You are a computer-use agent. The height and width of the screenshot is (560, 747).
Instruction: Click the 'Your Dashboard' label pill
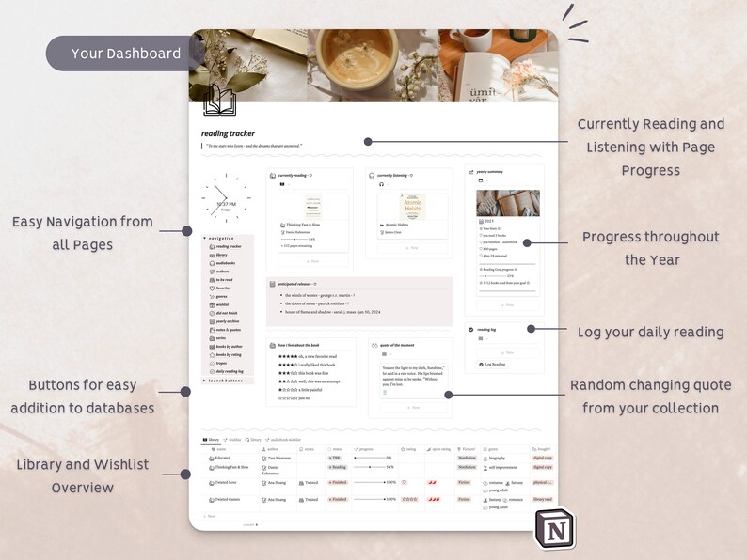(x=126, y=54)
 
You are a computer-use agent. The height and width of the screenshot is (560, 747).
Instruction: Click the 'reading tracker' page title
(x=228, y=133)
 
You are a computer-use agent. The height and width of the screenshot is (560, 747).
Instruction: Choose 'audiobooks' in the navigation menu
(x=226, y=262)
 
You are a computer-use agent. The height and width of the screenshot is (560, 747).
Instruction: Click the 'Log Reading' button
(x=496, y=364)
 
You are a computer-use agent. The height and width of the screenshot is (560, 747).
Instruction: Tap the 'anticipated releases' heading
(x=293, y=284)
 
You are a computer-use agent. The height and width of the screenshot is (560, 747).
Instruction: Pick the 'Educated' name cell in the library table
(x=223, y=458)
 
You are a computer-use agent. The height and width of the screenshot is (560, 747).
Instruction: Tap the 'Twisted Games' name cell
(x=228, y=499)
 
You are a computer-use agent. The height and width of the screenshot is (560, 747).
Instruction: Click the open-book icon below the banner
(x=219, y=100)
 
